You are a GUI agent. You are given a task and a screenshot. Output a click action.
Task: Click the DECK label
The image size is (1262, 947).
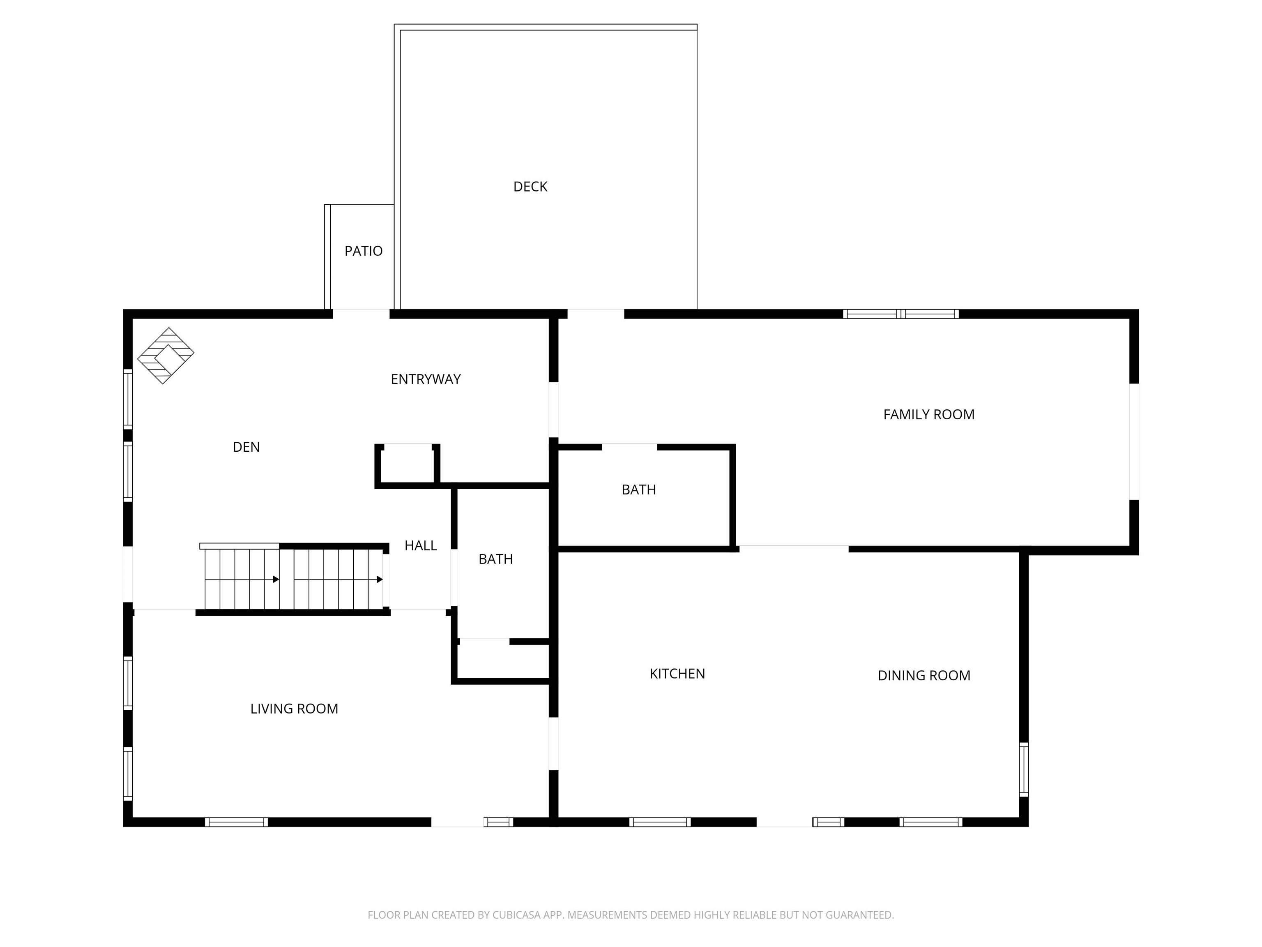pyautogui.click(x=530, y=187)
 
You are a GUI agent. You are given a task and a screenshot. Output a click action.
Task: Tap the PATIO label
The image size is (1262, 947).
pyautogui.click(x=364, y=251)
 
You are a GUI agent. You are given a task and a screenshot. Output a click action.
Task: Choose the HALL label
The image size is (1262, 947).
pyautogui.click(x=421, y=546)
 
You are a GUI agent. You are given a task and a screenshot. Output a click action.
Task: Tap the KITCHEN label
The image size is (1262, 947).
pyautogui.click(x=677, y=674)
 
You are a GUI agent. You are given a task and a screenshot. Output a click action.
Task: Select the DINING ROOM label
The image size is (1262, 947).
pyautogui.click(x=923, y=676)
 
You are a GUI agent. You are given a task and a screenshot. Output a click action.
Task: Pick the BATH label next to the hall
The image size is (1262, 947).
pyautogui.click(x=495, y=559)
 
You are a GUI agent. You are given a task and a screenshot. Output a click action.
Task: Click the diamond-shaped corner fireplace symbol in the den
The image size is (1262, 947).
pyautogui.click(x=166, y=356)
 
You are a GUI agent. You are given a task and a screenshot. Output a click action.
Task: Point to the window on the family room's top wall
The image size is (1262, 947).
pyautogui.click(x=900, y=314)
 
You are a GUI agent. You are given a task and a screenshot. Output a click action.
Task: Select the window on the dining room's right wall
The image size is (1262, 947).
pyautogui.click(x=1024, y=769)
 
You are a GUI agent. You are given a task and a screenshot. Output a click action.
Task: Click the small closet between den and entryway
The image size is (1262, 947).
pyautogui.click(x=408, y=465)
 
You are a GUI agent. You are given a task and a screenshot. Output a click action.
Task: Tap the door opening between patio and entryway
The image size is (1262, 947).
pyautogui.click(x=361, y=314)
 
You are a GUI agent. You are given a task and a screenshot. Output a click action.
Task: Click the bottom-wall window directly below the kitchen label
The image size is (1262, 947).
pyautogui.click(x=660, y=822)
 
